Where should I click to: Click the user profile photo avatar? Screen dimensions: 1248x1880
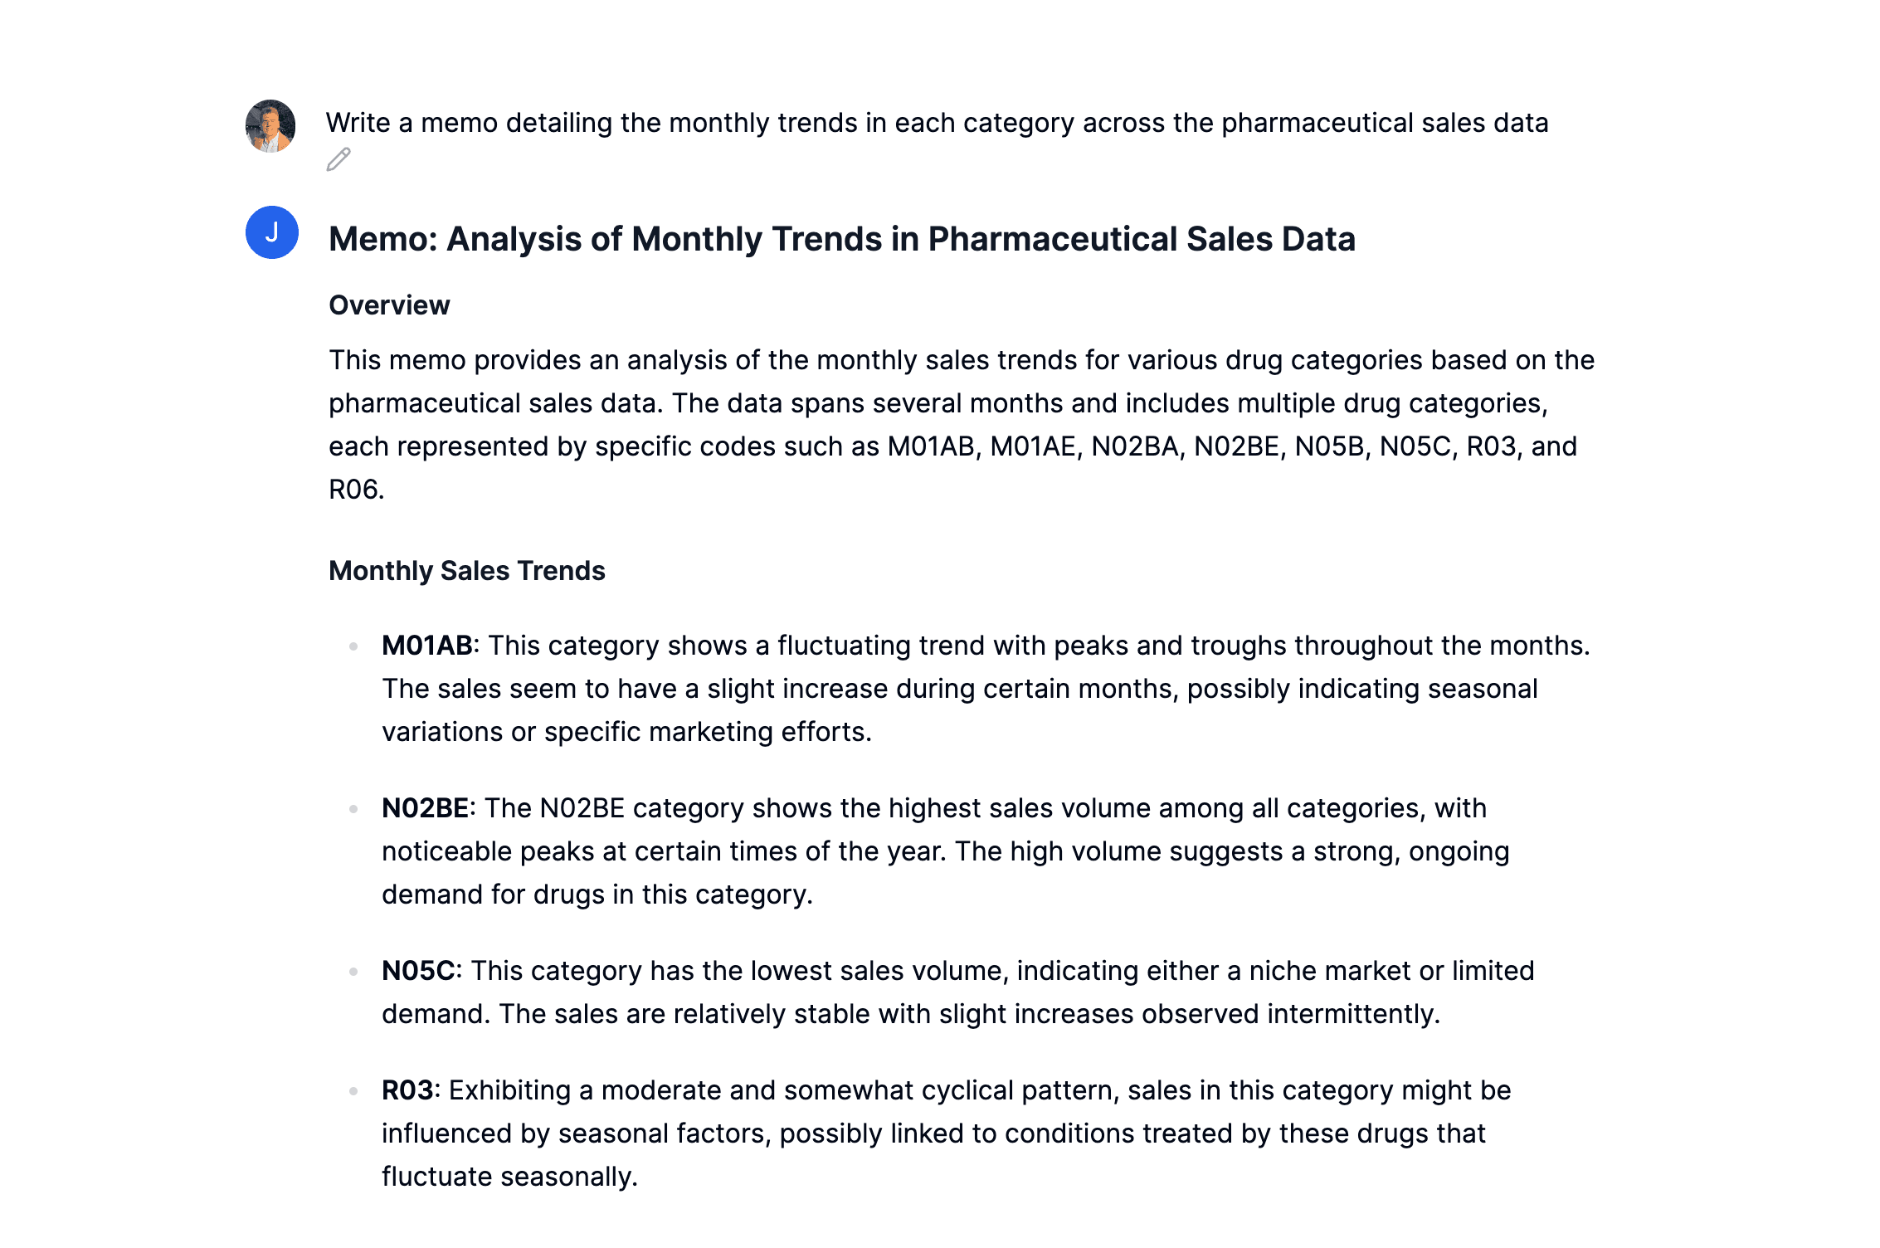(x=270, y=126)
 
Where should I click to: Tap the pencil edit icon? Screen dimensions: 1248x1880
(x=338, y=159)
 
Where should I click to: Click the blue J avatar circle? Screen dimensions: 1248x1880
(x=272, y=232)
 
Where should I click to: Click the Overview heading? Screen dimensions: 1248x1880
(x=389, y=305)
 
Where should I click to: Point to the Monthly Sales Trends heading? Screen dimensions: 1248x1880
(x=467, y=571)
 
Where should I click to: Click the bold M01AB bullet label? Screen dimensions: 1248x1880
(x=426, y=646)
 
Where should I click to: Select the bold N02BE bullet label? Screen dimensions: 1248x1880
(x=425, y=808)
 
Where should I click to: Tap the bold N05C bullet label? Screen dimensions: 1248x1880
(x=418, y=971)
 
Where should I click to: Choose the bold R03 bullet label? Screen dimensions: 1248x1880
(x=407, y=1090)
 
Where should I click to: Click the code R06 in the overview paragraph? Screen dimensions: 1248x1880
(x=355, y=490)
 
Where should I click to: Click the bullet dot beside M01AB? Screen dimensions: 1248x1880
(x=353, y=646)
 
